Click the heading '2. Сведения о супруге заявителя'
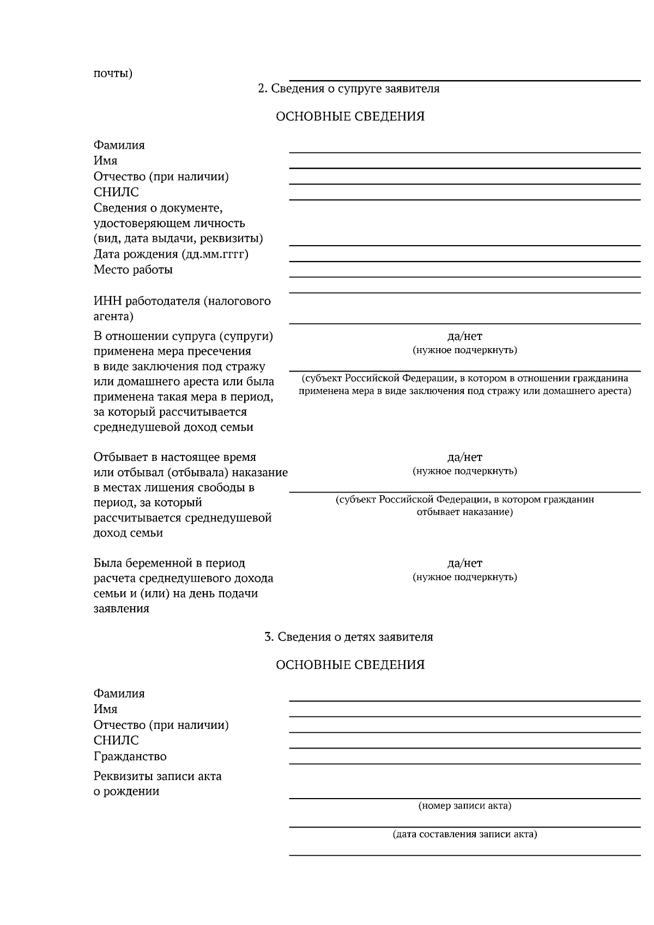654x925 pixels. [x=348, y=88]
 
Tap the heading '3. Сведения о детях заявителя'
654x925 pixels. [x=348, y=636]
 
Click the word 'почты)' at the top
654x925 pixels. [x=113, y=73]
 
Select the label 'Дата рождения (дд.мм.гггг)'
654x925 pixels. [x=171, y=254]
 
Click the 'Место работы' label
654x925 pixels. [x=133, y=269]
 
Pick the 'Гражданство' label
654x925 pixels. [x=130, y=756]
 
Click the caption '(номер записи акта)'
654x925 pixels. [x=464, y=805]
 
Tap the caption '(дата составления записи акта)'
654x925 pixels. [x=464, y=833]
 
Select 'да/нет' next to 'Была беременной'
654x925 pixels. [x=464, y=563]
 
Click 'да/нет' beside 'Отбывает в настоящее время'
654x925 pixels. [x=464, y=457]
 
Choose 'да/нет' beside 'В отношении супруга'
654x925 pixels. [x=464, y=336]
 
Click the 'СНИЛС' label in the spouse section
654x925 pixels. [x=116, y=192]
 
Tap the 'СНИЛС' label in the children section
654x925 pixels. [x=116, y=740]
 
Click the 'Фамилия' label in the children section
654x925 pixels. [x=119, y=693]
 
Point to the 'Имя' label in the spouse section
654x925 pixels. [x=105, y=160]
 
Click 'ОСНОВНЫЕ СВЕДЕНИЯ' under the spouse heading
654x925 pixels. [x=350, y=116]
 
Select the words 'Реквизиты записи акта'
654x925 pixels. [x=158, y=776]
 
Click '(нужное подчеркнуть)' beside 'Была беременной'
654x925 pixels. [x=464, y=576]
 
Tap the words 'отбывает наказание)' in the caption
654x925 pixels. [x=464, y=512]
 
